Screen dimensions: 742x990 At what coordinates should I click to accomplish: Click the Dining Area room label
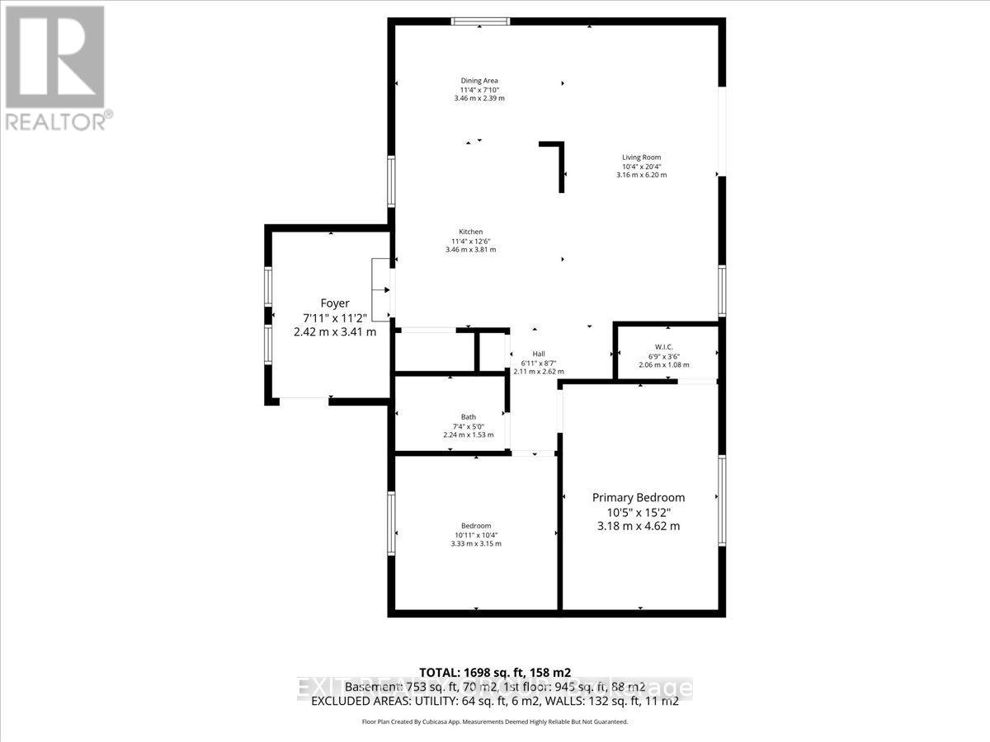pos(478,80)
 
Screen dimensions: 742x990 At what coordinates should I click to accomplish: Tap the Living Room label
pos(641,157)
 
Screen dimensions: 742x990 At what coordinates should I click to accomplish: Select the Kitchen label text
pos(471,232)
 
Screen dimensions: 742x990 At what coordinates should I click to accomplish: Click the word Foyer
pos(335,303)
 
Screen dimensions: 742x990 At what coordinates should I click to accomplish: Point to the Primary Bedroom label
pos(639,497)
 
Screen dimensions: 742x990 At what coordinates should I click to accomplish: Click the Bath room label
pos(469,416)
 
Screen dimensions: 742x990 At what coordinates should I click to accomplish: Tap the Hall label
pos(539,354)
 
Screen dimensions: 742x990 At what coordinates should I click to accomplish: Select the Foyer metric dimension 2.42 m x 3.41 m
pos(335,331)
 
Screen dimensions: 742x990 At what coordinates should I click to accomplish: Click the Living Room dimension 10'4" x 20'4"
pos(641,166)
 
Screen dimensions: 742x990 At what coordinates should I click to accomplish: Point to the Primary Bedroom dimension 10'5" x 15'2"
pos(639,512)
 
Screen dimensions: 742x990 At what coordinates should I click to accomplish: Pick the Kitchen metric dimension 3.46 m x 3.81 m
pos(471,250)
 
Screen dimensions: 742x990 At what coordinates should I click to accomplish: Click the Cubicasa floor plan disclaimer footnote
pos(495,721)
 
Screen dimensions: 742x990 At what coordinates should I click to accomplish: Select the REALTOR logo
pos(55,66)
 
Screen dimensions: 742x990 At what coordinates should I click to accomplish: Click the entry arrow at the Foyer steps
pos(384,290)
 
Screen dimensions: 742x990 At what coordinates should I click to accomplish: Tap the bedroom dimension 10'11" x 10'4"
pos(476,535)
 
